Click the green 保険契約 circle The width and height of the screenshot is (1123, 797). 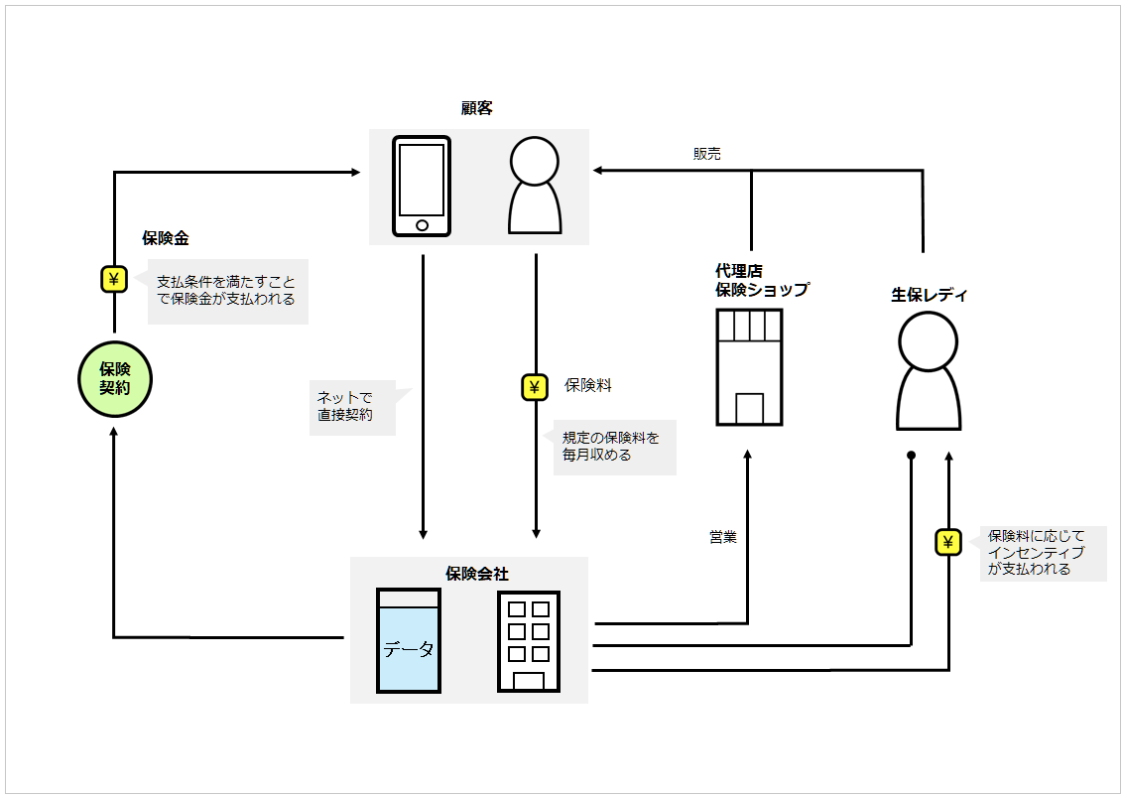115,379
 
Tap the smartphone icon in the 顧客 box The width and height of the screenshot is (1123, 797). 422,187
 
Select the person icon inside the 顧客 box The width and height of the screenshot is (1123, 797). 534,186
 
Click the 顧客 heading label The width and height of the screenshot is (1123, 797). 477,108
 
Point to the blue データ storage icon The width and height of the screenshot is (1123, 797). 408,640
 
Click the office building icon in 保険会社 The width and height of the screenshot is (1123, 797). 529,641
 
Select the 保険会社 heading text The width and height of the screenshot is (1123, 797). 477,574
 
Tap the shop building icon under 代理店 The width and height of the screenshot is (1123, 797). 749,367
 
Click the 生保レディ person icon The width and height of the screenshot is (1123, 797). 929,371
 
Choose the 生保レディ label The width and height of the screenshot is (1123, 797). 929,295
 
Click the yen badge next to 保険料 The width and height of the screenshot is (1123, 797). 535,387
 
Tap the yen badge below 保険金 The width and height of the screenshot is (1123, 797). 114,279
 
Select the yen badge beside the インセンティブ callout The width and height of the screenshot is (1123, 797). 948,542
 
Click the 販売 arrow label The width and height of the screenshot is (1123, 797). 707,154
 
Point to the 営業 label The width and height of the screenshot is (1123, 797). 722,537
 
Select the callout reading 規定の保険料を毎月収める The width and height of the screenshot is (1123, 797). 613,447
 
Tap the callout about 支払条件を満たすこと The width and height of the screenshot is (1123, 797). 227,291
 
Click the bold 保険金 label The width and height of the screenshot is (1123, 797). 166,238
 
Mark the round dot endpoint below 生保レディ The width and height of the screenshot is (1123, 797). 911,456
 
